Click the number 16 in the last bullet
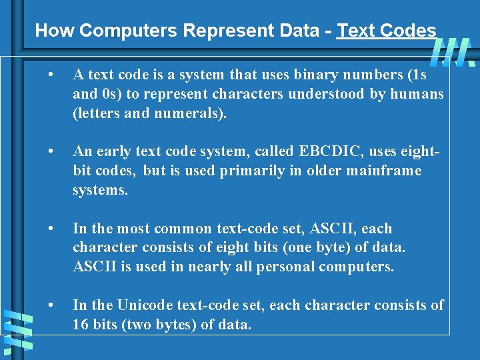[x=80, y=325]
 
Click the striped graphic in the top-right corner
[x=453, y=52]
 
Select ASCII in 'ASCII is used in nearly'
[x=94, y=267]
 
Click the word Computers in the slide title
[x=125, y=31]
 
